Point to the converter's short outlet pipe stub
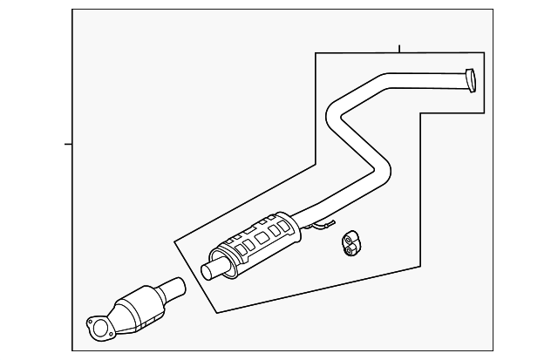[174, 287]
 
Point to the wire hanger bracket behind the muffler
[323, 228]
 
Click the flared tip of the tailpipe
[470, 80]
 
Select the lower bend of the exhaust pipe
[382, 171]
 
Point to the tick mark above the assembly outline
[398, 49]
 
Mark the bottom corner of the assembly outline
[217, 312]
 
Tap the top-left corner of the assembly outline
[316, 55]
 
